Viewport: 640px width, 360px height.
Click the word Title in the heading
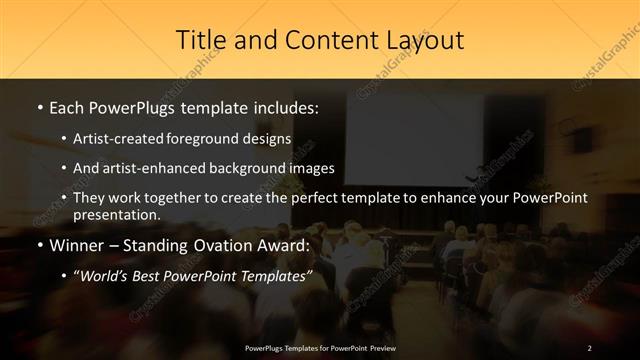(x=198, y=40)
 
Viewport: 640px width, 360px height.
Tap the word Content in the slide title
(x=322, y=40)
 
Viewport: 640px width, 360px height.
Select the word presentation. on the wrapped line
(x=116, y=214)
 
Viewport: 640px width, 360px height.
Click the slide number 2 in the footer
(x=590, y=347)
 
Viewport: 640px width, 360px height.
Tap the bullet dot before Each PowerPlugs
(x=39, y=106)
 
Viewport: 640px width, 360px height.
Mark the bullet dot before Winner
(x=39, y=245)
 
